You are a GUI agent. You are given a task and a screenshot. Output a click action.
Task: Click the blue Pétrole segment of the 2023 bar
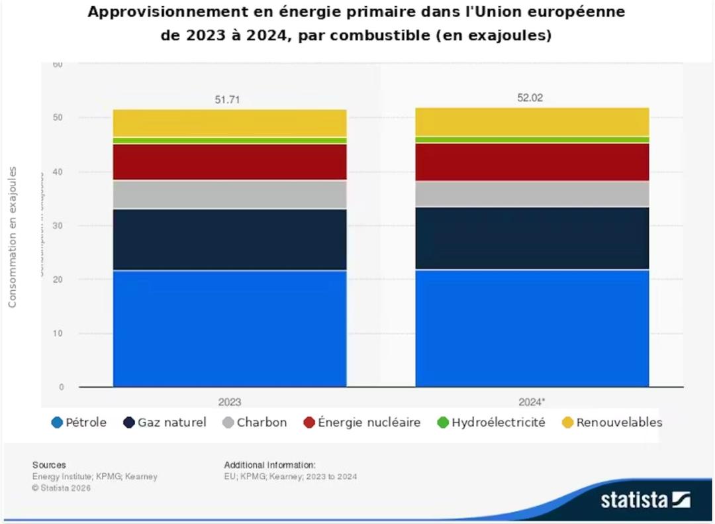(230, 328)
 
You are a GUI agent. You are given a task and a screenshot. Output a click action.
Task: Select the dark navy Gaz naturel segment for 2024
(532, 238)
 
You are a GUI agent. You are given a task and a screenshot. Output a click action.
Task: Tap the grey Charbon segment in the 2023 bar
(230, 194)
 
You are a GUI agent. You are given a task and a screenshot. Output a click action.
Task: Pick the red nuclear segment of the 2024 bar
(532, 162)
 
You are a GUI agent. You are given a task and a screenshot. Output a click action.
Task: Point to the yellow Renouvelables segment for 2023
(230, 123)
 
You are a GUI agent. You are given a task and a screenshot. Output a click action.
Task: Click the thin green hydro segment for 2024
(532, 140)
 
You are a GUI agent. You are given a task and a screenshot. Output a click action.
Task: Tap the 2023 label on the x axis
(230, 401)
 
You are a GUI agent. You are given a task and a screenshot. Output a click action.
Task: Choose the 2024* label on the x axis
(532, 401)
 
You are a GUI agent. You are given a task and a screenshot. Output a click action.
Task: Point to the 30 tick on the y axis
(58, 225)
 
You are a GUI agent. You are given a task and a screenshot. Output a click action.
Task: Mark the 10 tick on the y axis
(58, 333)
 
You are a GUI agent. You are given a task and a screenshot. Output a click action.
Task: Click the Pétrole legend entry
(79, 423)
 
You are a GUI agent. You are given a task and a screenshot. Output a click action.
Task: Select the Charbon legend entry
(255, 423)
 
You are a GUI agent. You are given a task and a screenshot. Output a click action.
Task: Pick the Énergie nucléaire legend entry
(361, 423)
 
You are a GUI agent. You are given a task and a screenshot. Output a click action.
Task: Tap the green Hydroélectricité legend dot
(443, 423)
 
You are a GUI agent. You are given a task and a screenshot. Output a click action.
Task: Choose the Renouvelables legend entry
(612, 423)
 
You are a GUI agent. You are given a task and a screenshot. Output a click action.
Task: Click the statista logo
(645, 499)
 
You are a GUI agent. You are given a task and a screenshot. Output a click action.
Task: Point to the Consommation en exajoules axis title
(13, 237)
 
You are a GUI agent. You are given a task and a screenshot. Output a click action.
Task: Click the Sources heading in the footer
(49, 465)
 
